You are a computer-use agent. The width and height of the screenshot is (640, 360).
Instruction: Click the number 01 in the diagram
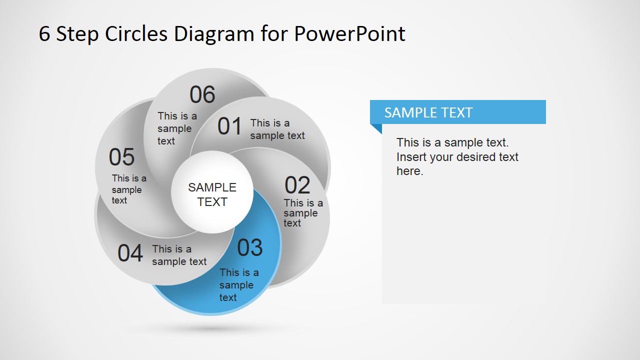point(229,126)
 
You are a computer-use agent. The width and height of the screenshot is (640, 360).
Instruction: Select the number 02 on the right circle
point(297,185)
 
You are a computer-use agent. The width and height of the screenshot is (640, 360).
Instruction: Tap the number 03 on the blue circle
point(249,248)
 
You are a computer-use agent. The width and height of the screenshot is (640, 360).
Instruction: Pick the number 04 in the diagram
point(130,253)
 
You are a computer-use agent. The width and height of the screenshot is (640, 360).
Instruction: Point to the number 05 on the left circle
point(121,157)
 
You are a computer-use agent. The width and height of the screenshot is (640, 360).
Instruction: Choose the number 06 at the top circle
point(202,95)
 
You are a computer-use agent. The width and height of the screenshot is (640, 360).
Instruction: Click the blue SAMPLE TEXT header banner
point(457,112)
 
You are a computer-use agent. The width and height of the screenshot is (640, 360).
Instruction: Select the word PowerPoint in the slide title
point(349,34)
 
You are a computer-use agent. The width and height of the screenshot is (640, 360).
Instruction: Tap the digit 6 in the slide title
point(44,34)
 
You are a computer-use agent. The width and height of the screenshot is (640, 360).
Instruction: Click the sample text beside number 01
point(277,129)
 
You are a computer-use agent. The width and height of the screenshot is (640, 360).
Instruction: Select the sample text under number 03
point(238,285)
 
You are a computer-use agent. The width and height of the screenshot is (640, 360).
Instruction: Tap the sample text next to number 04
point(179,255)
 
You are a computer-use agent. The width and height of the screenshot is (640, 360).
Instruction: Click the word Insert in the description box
point(411,157)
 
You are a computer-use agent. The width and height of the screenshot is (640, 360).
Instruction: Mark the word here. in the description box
point(409,171)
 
